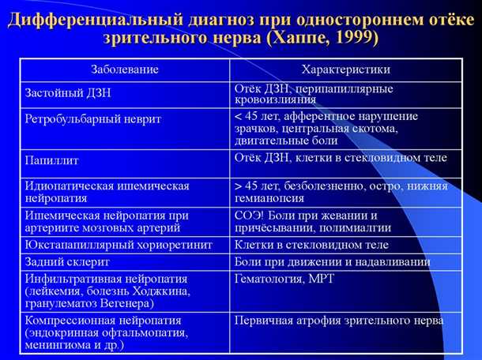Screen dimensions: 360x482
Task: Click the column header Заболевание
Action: point(124,69)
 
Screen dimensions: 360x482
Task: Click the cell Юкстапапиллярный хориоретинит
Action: point(119,245)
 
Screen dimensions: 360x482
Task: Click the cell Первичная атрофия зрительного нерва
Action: point(339,321)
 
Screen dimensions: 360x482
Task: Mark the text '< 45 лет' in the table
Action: point(258,116)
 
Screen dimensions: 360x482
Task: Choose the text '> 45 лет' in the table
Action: point(258,186)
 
